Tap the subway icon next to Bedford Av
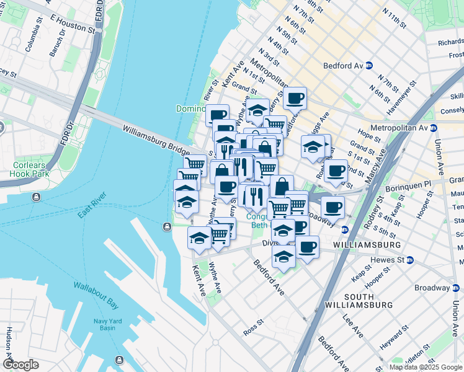pyautogui.click(x=368, y=65)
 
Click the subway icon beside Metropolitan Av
pyautogui.click(x=434, y=128)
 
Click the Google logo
pyautogui.click(x=20, y=365)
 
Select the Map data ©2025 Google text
pyautogui.click(x=426, y=367)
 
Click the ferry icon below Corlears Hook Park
pyautogui.click(x=37, y=197)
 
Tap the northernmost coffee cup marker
pyautogui.click(x=295, y=97)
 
